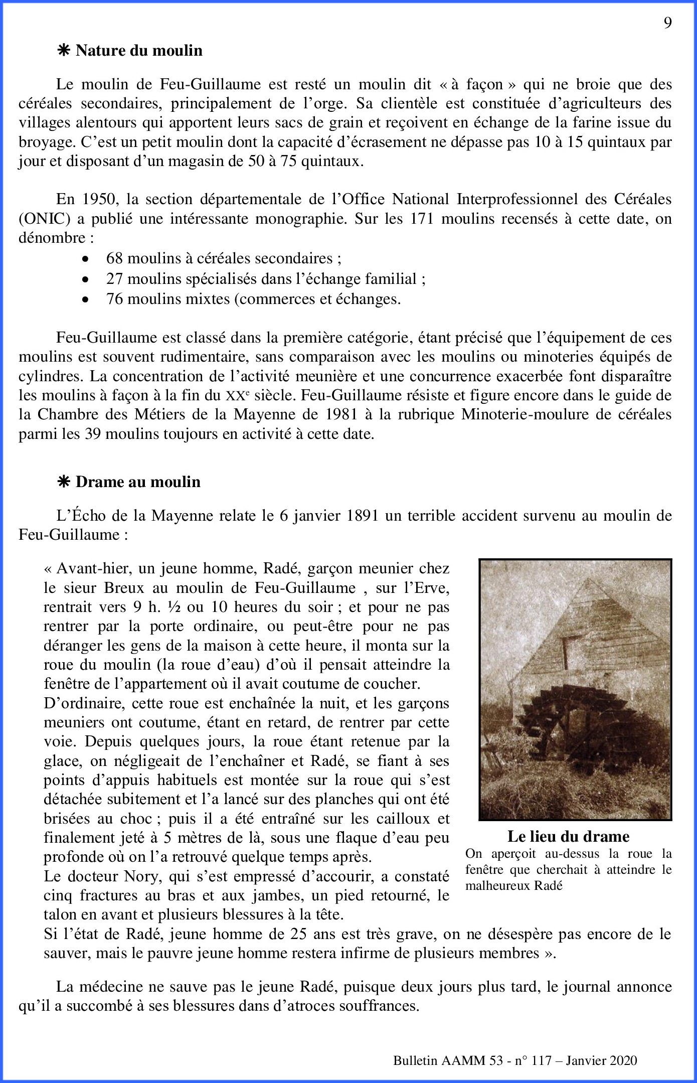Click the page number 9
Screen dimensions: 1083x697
667,23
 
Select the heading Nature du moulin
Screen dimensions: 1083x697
139,51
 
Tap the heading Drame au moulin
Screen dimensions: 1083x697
138,482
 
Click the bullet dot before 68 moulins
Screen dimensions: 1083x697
86,259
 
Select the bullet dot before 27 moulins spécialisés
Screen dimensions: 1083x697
86,279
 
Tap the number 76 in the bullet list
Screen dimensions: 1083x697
114,299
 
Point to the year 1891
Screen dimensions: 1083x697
362,516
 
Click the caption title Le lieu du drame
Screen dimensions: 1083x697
568,836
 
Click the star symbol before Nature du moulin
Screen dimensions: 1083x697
64,51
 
